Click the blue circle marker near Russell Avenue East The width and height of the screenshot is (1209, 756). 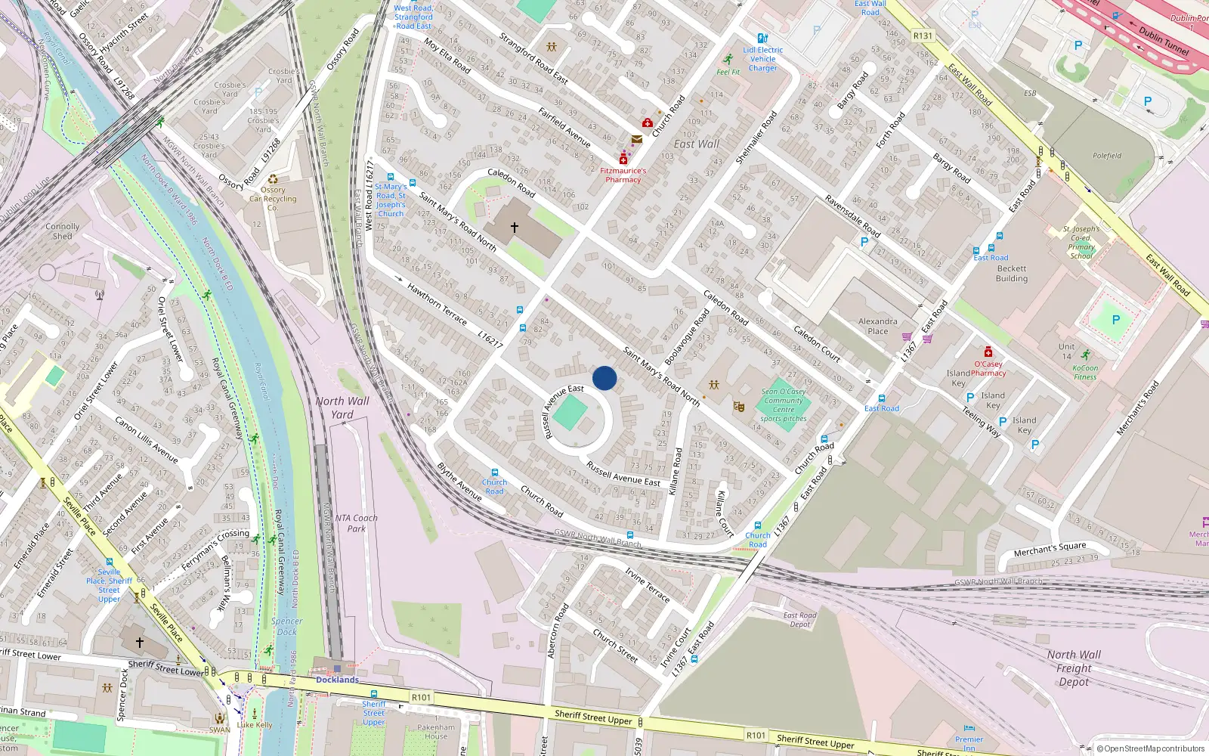[604, 378]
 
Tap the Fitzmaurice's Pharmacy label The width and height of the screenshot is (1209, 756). [623, 175]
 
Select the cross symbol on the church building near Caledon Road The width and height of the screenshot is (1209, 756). [515, 227]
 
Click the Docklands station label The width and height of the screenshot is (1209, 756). [337, 680]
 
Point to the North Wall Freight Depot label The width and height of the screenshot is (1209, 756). [1074, 668]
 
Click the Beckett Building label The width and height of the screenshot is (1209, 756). [1012, 273]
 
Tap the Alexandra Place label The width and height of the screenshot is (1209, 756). [877, 326]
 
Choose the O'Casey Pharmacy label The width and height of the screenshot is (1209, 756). [988, 368]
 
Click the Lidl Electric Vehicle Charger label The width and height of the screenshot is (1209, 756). [762, 59]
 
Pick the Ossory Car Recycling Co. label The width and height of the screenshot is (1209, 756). [273, 199]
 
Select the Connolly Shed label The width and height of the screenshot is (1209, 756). [62, 231]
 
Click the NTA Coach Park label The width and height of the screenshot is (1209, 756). [356, 523]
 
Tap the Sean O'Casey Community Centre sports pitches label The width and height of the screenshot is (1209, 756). [784, 405]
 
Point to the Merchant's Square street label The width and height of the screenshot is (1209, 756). [1050, 550]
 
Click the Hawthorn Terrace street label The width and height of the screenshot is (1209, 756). [437, 303]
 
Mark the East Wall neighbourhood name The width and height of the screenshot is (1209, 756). [696, 144]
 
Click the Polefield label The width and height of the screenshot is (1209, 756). [1107, 156]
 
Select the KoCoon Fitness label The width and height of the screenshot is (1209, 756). [1085, 372]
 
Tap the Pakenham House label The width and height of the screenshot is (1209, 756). [436, 732]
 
